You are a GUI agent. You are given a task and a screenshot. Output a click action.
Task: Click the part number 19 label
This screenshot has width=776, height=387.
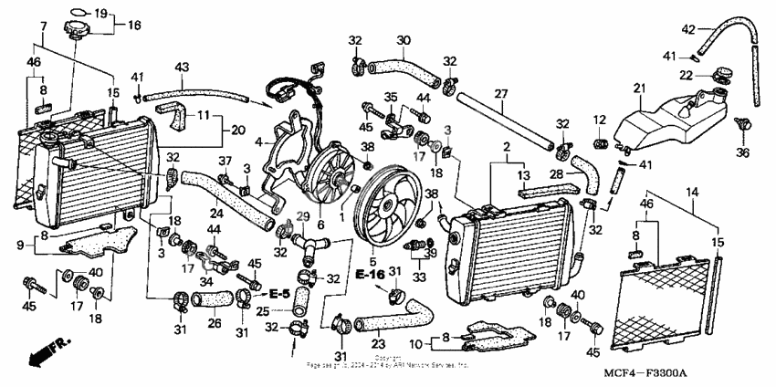(x=100, y=13)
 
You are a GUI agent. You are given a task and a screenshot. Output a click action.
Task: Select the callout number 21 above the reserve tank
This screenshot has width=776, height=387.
(x=638, y=88)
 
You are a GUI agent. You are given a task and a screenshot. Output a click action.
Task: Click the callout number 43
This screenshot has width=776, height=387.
(x=182, y=68)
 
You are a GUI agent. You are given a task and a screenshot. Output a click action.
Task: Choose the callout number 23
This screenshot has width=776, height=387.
(x=377, y=345)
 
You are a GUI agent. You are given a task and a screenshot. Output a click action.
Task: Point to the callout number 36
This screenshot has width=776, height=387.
(x=742, y=152)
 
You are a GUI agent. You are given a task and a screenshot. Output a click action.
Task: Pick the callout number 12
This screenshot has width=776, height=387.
(x=599, y=120)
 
